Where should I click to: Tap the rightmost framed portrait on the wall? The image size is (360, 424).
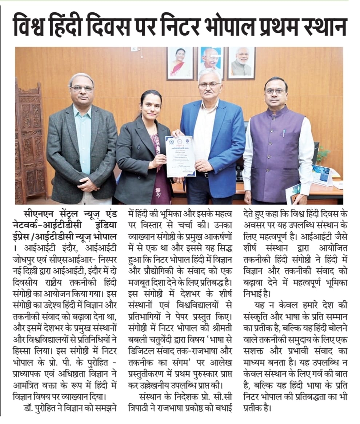[x=241, y=63]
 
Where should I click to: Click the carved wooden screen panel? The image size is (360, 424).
[x=30, y=145]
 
